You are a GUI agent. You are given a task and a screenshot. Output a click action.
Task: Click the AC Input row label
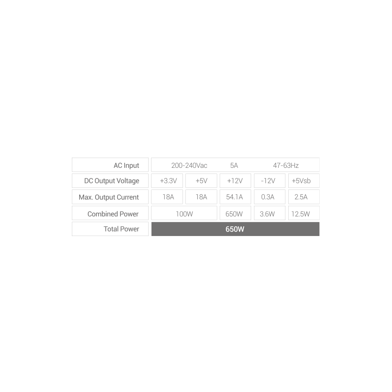coord(126,165)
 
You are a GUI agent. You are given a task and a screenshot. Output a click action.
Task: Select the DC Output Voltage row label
coord(111,181)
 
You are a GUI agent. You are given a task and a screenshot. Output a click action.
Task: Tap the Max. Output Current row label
coord(109,197)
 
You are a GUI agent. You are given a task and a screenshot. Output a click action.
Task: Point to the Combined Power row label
coord(113,214)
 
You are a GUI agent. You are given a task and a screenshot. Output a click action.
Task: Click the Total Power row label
coord(121,229)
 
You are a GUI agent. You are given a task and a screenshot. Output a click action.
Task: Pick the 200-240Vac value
coord(189,165)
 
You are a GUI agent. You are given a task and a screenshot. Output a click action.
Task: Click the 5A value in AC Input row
coord(234,165)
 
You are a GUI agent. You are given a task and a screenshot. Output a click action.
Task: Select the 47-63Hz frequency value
coord(286,165)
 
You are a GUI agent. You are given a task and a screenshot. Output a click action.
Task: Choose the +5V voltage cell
coord(201,181)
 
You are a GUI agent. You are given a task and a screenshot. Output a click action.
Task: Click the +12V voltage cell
coord(235,181)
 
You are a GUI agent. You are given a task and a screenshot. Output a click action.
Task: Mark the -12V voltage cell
coord(268,181)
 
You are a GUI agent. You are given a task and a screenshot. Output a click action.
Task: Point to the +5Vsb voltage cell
coord(304,181)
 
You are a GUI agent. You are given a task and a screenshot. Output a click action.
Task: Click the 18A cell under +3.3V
coord(168,197)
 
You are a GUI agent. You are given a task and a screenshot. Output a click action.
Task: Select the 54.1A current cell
coord(234,197)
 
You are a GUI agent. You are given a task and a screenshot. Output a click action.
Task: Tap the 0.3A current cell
coord(267,197)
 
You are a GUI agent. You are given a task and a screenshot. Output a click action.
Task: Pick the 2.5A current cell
coord(301,197)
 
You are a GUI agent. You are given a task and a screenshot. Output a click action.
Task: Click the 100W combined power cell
coord(184,214)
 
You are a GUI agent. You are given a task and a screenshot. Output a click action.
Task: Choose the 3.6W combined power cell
coord(267,214)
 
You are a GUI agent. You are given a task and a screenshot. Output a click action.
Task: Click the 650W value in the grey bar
coord(235,229)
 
